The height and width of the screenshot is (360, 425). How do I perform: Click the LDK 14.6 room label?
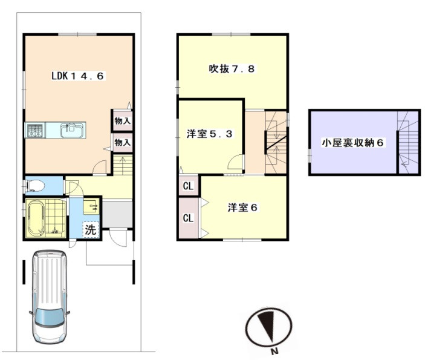coord(77,76)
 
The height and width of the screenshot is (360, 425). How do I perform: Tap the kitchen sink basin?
coord(71,130)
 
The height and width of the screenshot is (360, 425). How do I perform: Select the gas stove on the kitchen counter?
coord(35,131)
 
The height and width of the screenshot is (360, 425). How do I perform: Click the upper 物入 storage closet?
coord(122,121)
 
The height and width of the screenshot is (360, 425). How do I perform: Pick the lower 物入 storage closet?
coord(122,142)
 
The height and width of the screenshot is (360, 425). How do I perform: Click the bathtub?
coord(36,218)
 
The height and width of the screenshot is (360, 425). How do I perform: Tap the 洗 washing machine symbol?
coord(90,230)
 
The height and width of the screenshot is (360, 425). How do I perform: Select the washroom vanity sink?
coord(91,207)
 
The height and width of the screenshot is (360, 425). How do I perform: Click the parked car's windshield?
coord(50,317)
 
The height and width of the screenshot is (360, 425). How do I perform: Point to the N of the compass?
coord(275,352)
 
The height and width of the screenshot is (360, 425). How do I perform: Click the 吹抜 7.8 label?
coord(232,68)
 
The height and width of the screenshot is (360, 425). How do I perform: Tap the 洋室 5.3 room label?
coord(210,134)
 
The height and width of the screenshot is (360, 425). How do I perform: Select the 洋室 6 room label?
coord(242,208)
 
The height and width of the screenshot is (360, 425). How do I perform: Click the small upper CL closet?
coord(189,186)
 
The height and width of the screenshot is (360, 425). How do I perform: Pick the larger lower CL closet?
coord(189,218)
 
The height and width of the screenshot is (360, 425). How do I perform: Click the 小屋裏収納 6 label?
coord(352,142)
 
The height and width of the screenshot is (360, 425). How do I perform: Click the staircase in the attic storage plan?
coord(408,142)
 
